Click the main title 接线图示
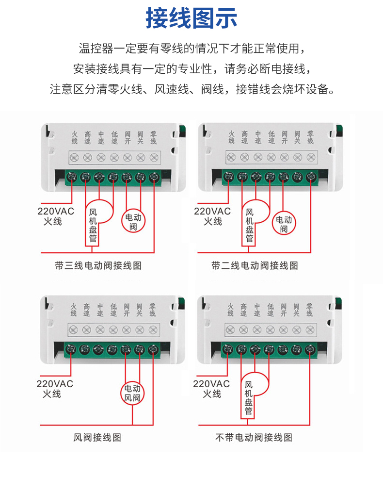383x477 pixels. [191, 18]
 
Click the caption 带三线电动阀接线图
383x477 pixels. [98, 265]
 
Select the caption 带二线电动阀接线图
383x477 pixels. [255, 265]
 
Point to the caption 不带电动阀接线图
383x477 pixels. [254, 438]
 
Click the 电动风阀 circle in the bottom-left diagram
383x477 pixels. [132, 393]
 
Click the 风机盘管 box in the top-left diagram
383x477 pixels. [93, 225]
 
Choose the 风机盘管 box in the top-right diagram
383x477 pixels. [249, 225]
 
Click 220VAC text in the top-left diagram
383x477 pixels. [56, 212]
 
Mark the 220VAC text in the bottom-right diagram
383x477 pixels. [211, 384]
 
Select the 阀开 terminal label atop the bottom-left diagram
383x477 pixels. [127, 310]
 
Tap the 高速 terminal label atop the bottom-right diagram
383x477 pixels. [243, 310]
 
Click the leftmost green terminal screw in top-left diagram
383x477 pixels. [72, 177]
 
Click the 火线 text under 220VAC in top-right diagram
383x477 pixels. [212, 221]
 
